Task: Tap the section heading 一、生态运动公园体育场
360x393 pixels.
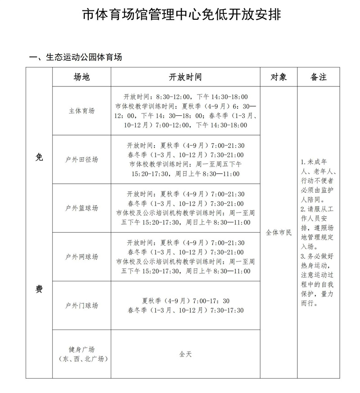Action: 75,57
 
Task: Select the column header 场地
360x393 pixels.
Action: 81,77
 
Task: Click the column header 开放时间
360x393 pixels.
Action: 185,77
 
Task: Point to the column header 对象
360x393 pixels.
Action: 278,77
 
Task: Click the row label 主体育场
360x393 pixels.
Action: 81,111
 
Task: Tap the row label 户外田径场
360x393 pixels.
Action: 81,159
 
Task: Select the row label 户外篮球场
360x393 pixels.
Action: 81,208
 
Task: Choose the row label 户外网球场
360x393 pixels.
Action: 81,257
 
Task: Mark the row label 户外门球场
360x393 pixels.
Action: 81,306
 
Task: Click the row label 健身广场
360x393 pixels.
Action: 81,349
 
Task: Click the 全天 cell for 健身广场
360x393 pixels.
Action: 185,354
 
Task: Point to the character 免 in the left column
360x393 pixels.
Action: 39,157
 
